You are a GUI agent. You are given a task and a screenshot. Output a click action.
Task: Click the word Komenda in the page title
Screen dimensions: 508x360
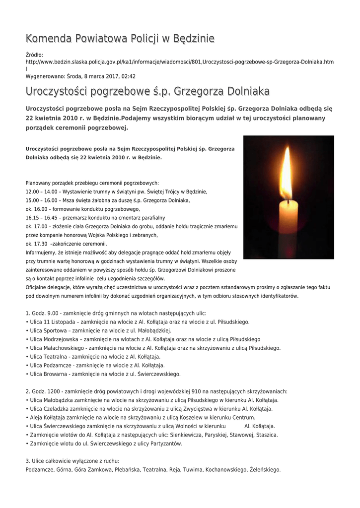tap(48, 38)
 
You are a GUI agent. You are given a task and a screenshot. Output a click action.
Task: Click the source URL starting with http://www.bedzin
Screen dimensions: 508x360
tap(179, 62)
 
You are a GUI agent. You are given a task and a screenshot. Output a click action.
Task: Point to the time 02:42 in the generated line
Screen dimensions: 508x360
tap(127, 76)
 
